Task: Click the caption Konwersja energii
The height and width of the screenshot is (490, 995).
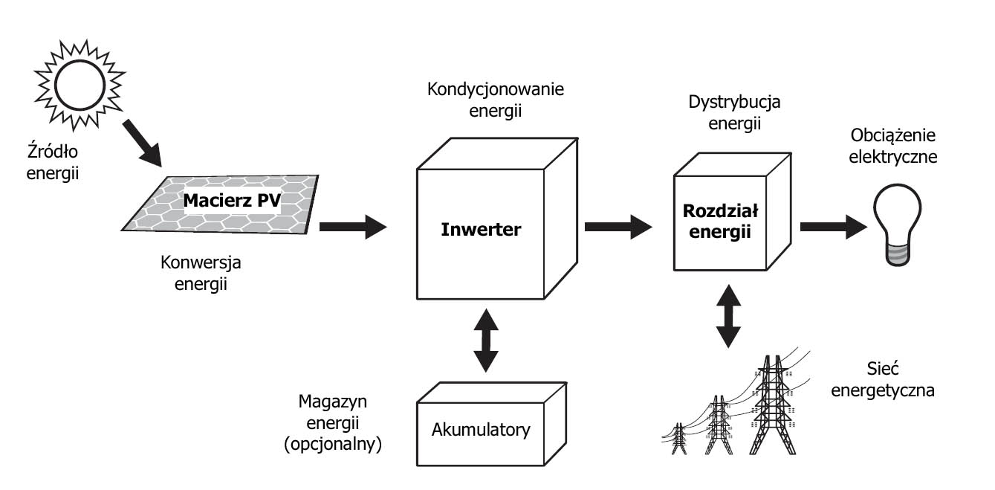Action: pyautogui.click(x=201, y=273)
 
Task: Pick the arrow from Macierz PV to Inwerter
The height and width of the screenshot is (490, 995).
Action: pyautogui.click(x=354, y=226)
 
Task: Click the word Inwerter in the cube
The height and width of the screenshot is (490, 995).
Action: pyautogui.click(x=481, y=229)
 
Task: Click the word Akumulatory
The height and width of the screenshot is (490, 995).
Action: pyautogui.click(x=481, y=430)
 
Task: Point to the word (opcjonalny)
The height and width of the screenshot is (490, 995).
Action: pyautogui.click(x=339, y=445)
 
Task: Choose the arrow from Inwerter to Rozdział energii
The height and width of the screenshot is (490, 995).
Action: pyautogui.click(x=618, y=226)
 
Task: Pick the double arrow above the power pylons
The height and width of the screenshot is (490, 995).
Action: pyautogui.click(x=730, y=315)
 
